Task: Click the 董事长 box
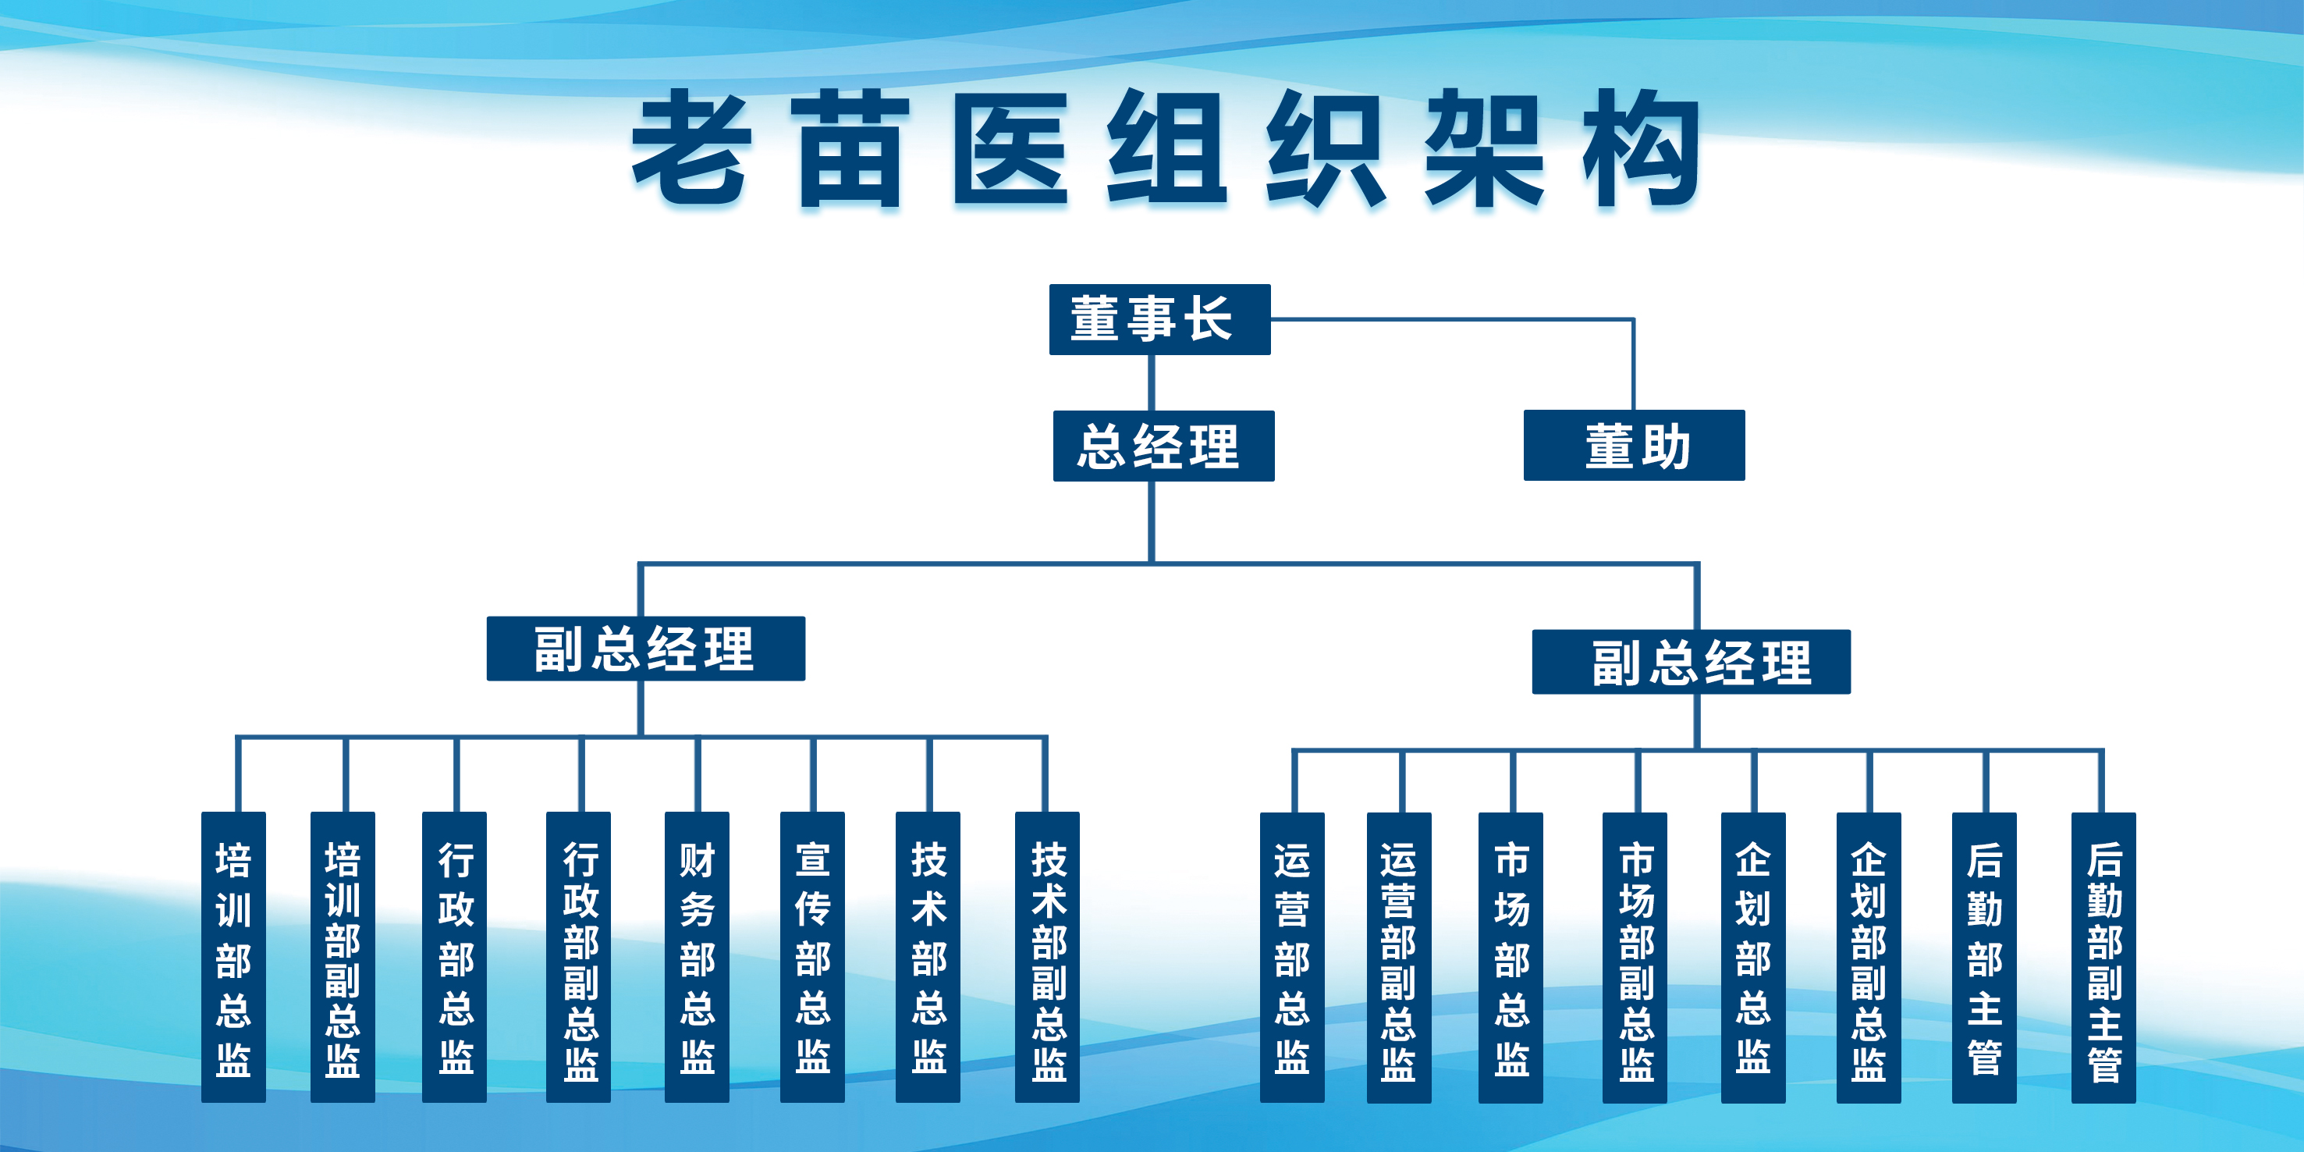[1159, 319]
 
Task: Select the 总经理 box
[1163, 446]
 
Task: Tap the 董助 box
[1634, 446]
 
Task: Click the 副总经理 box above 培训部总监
[646, 649]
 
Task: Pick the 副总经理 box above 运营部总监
[1692, 662]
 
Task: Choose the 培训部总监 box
[233, 957]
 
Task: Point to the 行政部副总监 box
[579, 957]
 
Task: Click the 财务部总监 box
[697, 957]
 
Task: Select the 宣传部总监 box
[812, 957]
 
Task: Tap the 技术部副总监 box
[1047, 957]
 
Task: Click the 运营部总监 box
[1292, 958]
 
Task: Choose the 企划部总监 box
[1753, 958]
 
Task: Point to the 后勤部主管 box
[1984, 958]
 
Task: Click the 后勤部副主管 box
[2103, 958]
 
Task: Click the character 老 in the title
[690, 148]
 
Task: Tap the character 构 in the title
[1640, 148]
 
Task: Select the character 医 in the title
[1010, 148]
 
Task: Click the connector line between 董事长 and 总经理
[1151, 382]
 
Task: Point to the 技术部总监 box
[928, 957]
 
